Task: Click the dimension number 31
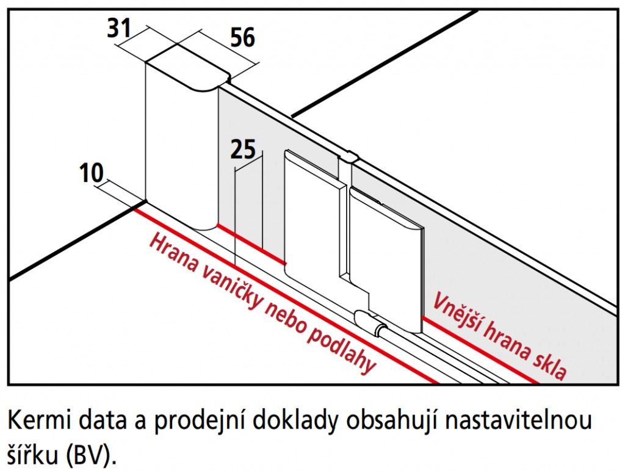(119, 29)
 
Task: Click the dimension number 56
(243, 37)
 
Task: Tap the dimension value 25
(243, 150)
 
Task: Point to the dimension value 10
(92, 173)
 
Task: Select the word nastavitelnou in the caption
(518, 421)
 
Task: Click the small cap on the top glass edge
(350, 156)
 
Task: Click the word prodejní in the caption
(200, 422)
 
